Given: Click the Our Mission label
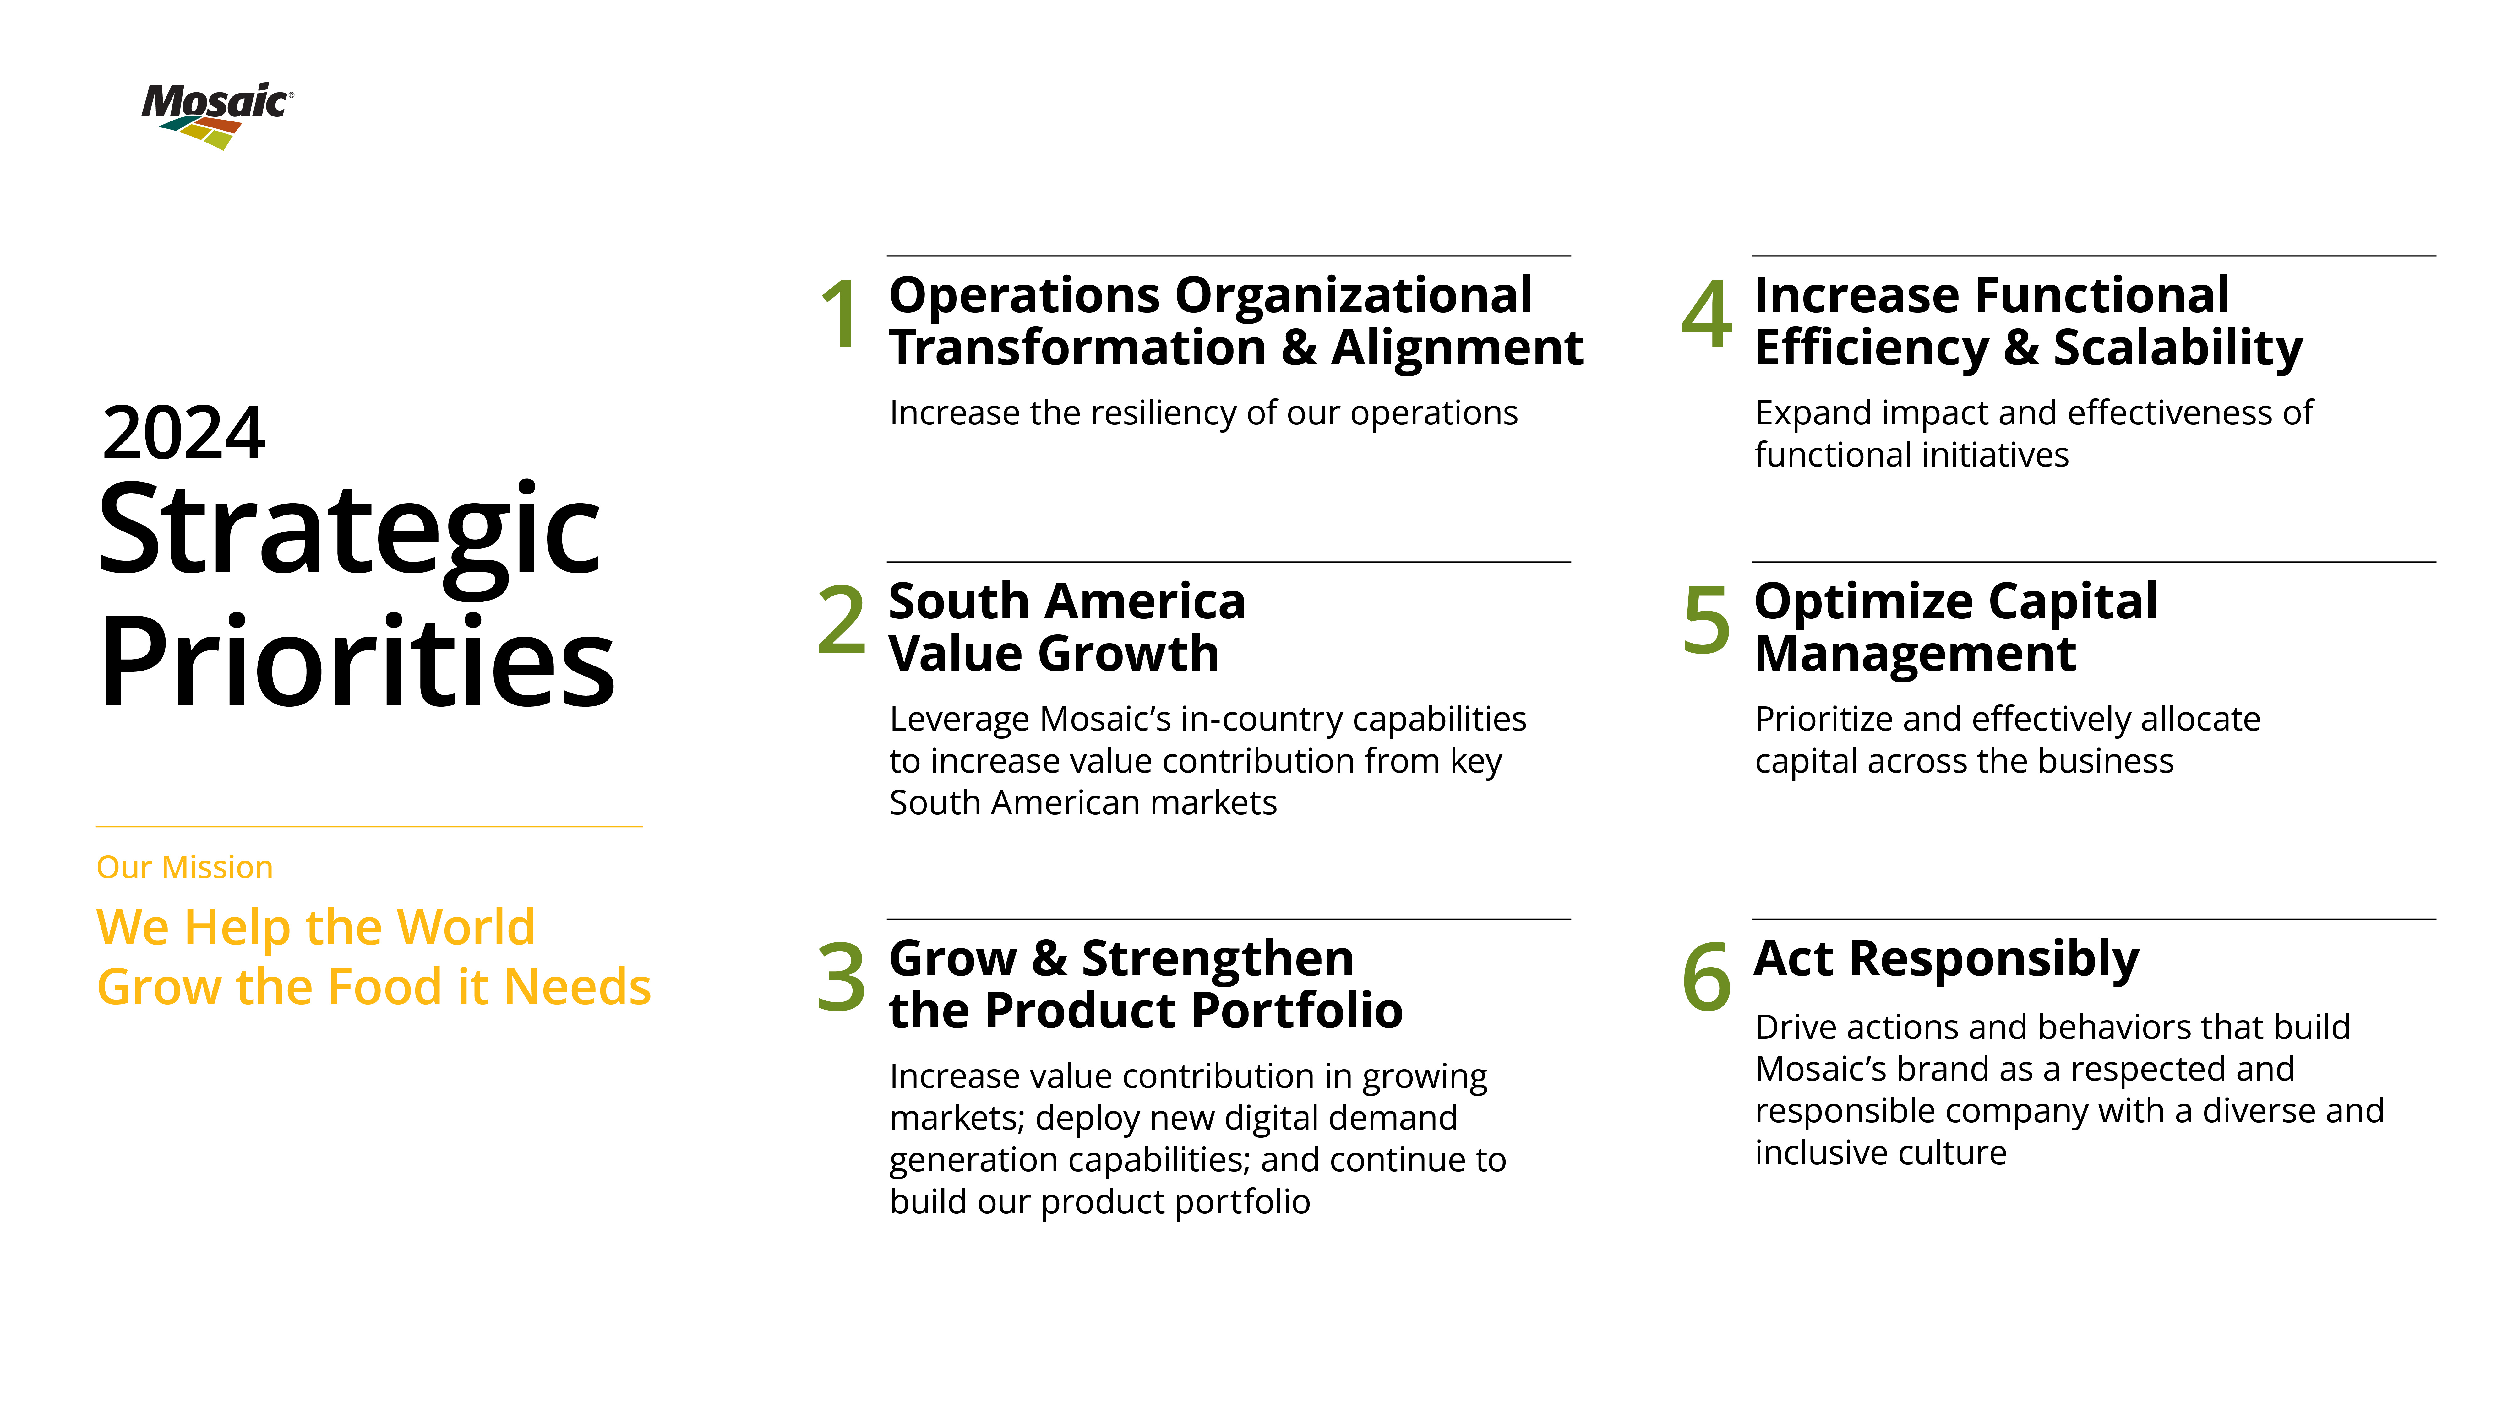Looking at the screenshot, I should tap(184, 867).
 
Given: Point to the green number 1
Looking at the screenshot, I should tap(840, 314).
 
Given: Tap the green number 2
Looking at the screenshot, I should tap(841, 620).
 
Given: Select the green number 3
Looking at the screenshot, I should tap(841, 977).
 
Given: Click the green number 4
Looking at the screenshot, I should tap(1706, 314).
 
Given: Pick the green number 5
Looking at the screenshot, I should tap(1706, 620).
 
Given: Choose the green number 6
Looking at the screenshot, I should tap(1706, 977).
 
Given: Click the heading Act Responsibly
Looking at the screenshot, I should tap(1946, 958).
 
